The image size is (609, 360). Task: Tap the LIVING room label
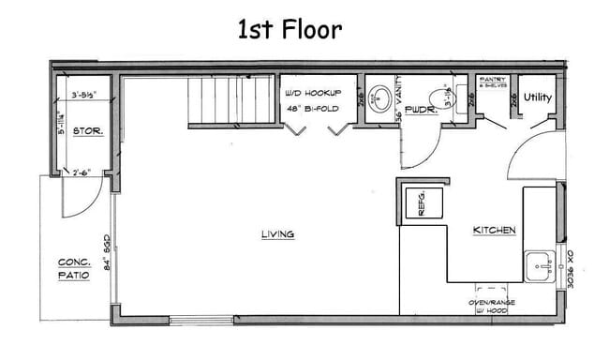coord(278,234)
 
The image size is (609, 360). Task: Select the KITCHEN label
coord(494,230)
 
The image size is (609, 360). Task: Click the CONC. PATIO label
coord(73,269)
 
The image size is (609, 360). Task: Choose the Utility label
coord(538,97)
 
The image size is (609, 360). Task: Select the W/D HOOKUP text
coord(313,94)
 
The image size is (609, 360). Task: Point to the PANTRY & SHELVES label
coord(491,83)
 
